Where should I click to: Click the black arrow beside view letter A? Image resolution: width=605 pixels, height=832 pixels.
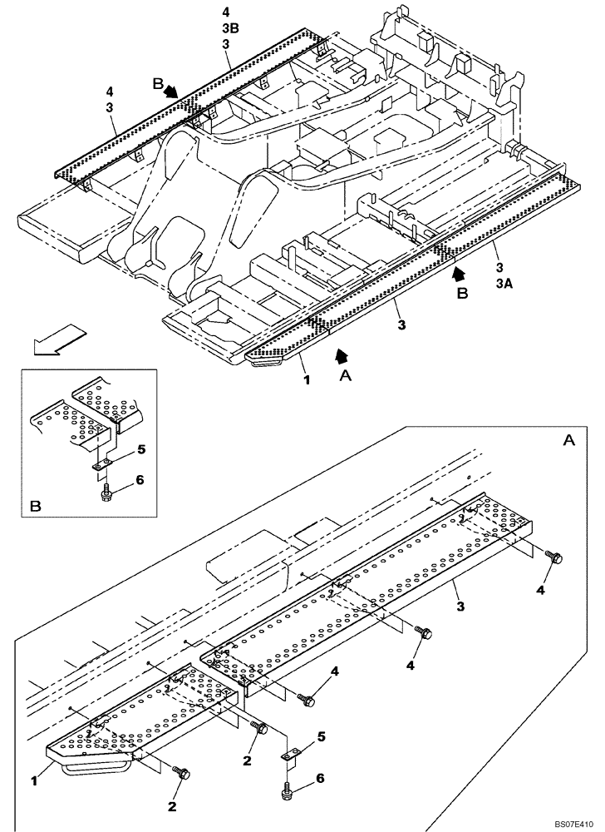coord(338,357)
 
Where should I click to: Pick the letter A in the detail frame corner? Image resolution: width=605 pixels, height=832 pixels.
coord(568,440)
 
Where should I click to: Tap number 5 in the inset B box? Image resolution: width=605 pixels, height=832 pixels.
coord(141,450)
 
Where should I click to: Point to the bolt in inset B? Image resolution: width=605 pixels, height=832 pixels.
coord(106,494)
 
